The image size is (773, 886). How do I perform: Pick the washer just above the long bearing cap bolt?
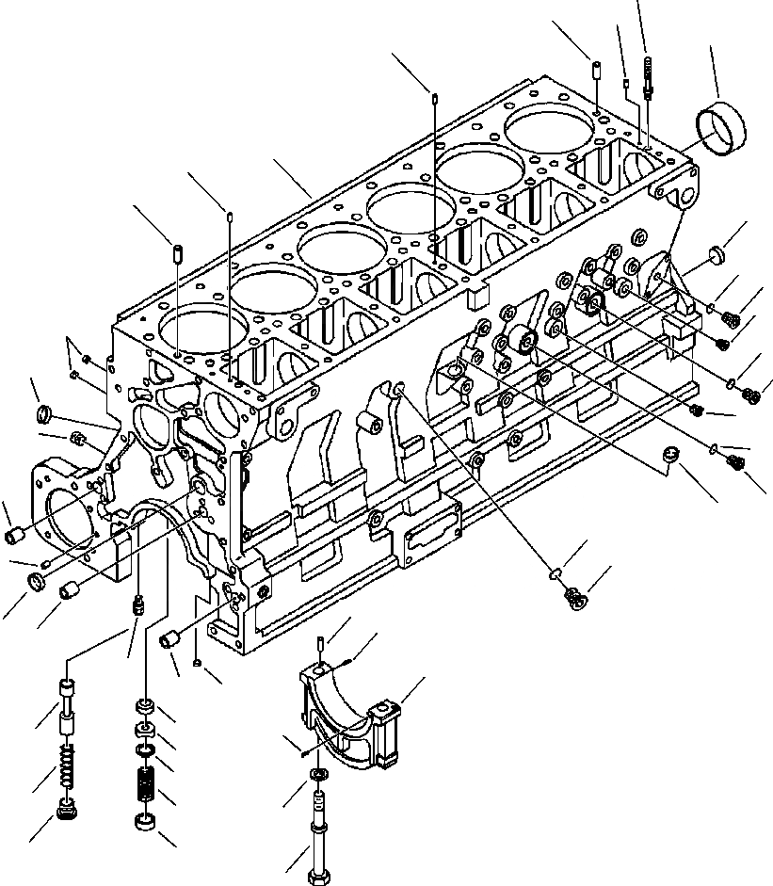[x=318, y=775]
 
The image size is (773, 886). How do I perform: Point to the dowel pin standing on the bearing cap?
[x=321, y=645]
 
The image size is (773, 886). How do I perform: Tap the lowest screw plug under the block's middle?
[x=574, y=598]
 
